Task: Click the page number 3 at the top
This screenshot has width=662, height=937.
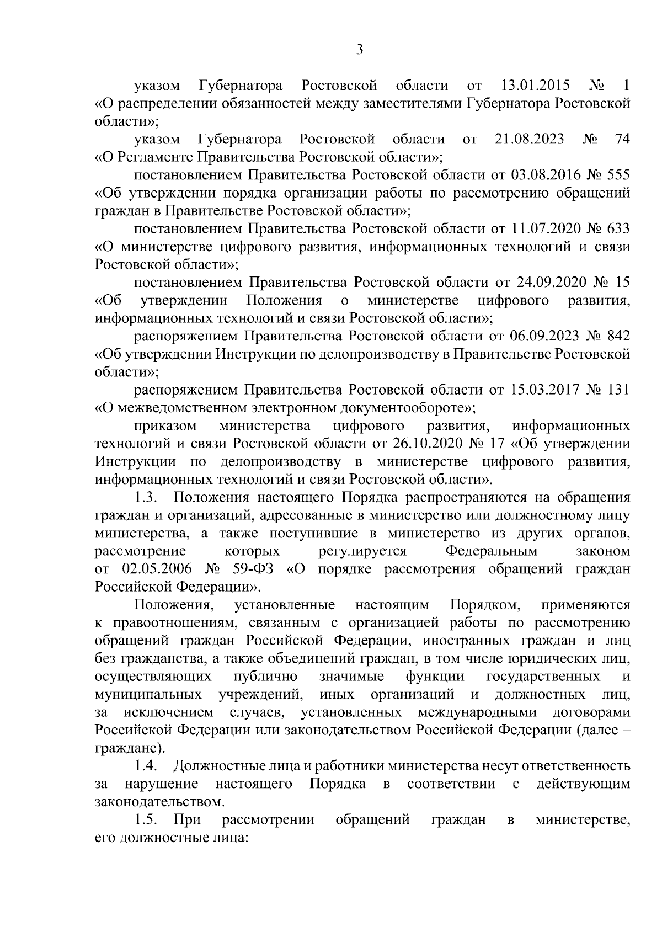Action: [x=359, y=50]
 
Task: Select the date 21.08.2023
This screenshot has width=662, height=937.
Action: [x=530, y=139]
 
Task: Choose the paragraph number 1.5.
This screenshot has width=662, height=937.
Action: [x=147, y=819]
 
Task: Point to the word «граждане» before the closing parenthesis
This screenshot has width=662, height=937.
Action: [x=126, y=748]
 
